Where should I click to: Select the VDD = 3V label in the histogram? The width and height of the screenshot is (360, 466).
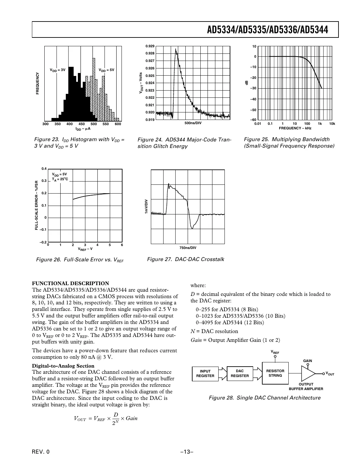pos(57,70)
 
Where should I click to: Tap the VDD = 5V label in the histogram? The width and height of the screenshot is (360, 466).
pos(107,70)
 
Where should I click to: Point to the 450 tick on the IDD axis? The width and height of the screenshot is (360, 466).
pos(81,124)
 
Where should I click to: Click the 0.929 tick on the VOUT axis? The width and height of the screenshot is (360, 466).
pos(150,46)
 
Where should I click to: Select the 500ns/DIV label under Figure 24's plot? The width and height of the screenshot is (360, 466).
pos(193,123)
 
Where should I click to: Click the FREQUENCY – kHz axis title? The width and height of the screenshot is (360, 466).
pos(295,128)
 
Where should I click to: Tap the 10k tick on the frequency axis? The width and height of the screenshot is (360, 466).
pos(332,124)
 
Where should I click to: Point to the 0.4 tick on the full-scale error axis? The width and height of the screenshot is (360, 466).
pos(44,168)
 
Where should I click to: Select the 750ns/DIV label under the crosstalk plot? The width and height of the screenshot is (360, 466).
pos(188,248)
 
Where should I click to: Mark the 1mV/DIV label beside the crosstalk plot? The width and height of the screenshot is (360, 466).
pos(147,206)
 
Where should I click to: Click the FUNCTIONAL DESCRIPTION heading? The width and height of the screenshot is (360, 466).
pos(70,283)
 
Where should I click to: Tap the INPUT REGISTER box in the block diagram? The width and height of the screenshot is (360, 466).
pos(205,373)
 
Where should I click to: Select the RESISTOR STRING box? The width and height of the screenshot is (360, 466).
pos(275,373)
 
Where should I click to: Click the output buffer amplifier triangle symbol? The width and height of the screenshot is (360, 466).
pos(308,373)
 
